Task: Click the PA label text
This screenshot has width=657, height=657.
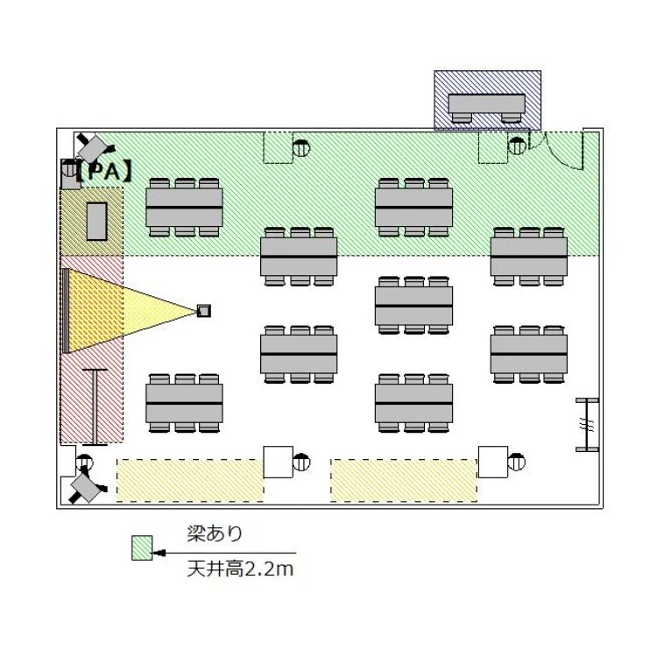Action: [x=105, y=171]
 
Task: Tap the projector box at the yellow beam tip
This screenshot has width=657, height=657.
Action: [x=204, y=311]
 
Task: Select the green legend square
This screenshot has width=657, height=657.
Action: [x=142, y=547]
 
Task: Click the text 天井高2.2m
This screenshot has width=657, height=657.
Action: [x=240, y=569]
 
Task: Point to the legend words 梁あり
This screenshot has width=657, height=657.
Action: [x=215, y=533]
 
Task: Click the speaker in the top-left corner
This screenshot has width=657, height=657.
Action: [x=95, y=148]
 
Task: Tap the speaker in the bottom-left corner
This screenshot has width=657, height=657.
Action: [x=87, y=488]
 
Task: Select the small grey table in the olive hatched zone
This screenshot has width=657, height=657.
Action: [x=96, y=222]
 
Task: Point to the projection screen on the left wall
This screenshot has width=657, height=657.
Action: [x=66, y=311]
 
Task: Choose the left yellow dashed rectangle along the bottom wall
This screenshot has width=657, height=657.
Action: [x=190, y=480]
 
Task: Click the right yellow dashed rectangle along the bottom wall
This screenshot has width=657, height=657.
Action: [x=404, y=480]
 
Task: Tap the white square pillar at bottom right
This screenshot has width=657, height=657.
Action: [x=493, y=462]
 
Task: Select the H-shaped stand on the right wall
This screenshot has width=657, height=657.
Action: [x=587, y=425]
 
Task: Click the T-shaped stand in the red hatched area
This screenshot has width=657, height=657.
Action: [x=95, y=406]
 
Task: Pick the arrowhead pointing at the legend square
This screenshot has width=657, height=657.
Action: [x=159, y=553]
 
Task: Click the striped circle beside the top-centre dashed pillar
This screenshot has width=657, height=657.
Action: [x=301, y=148]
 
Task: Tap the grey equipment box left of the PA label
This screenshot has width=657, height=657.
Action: [x=70, y=174]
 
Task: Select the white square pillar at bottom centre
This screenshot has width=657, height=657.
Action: [x=279, y=462]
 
